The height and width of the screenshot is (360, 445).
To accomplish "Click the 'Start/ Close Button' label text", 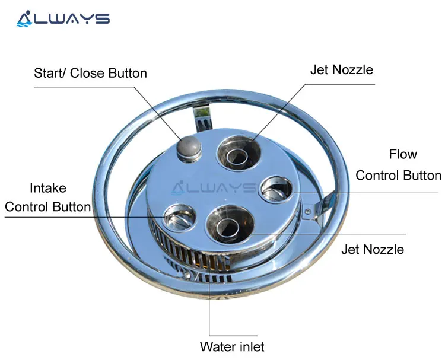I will click(90, 74).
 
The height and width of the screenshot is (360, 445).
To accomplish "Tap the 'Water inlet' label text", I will click(232, 346).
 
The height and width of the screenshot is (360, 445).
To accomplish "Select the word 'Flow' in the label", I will click(403, 155).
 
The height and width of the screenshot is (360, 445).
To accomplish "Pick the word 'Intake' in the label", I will click(48, 189).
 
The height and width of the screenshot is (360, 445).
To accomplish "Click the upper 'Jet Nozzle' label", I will click(341, 70).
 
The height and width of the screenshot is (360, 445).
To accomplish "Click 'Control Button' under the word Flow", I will click(398, 176).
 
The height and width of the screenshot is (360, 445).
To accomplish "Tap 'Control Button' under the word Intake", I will click(48, 207).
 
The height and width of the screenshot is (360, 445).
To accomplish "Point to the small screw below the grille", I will click(189, 274).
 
